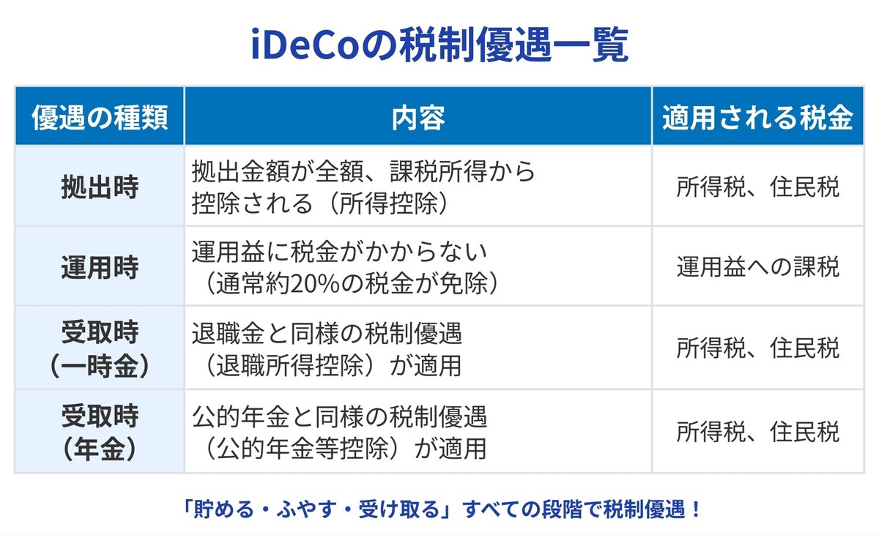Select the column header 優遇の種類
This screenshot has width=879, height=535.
tap(100, 117)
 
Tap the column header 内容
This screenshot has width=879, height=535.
tap(418, 117)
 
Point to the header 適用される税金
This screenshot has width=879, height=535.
tap(757, 117)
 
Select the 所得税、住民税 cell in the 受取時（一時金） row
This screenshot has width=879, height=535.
tap(757, 348)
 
